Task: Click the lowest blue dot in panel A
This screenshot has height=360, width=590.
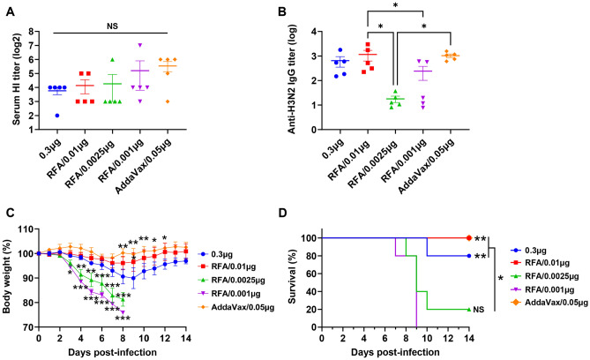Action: click(x=59, y=116)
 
